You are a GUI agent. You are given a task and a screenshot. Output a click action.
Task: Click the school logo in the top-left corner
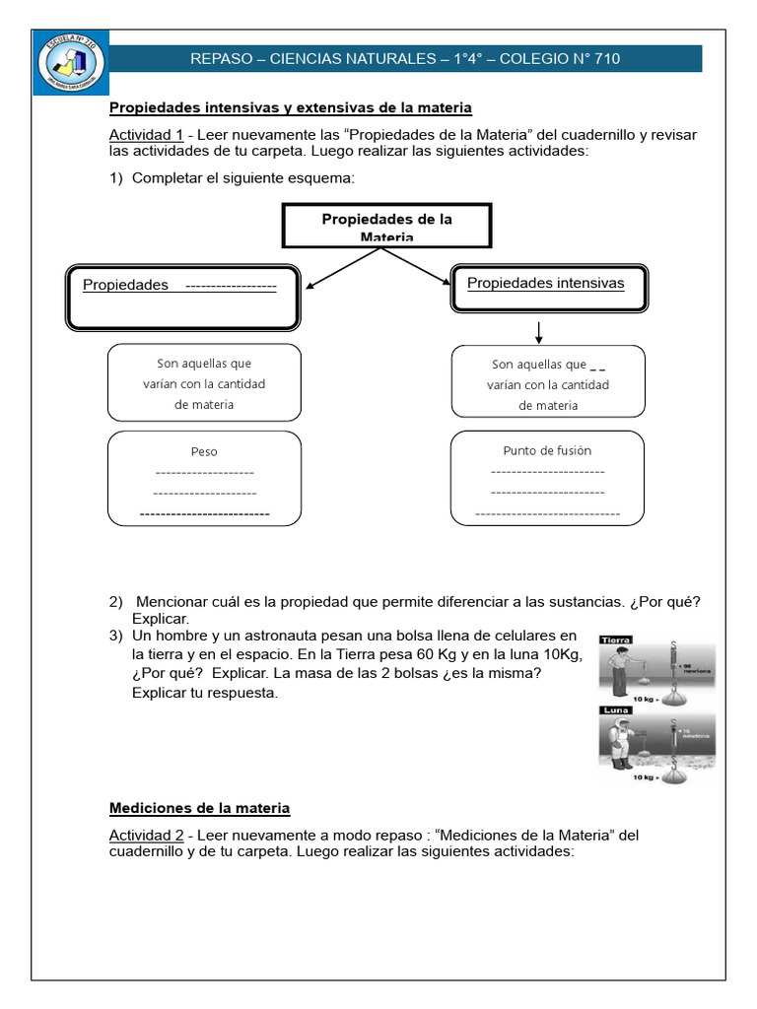click(72, 64)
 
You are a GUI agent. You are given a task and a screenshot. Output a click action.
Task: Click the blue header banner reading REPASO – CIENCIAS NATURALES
click(405, 59)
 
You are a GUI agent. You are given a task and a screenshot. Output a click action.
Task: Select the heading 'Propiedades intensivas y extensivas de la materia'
click(290, 107)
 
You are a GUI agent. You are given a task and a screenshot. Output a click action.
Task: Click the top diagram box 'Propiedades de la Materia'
click(386, 227)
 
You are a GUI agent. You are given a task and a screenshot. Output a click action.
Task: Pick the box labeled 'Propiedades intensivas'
click(549, 285)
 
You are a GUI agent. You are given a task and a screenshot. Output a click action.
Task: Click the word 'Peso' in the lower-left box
click(204, 451)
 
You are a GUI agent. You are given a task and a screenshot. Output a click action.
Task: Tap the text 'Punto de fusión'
click(547, 450)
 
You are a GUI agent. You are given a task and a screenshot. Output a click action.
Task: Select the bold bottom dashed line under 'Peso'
click(204, 513)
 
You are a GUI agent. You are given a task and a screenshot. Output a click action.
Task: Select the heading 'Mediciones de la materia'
click(199, 808)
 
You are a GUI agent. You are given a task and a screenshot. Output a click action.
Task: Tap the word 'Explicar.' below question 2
click(160, 618)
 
